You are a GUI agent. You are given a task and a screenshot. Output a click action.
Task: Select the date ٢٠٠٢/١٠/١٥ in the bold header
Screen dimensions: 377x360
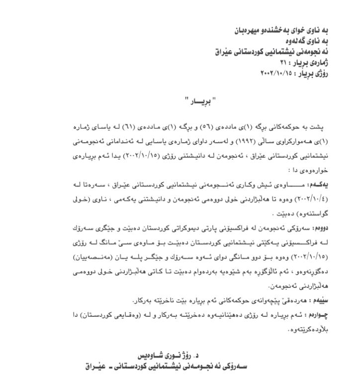pos(276,73)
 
